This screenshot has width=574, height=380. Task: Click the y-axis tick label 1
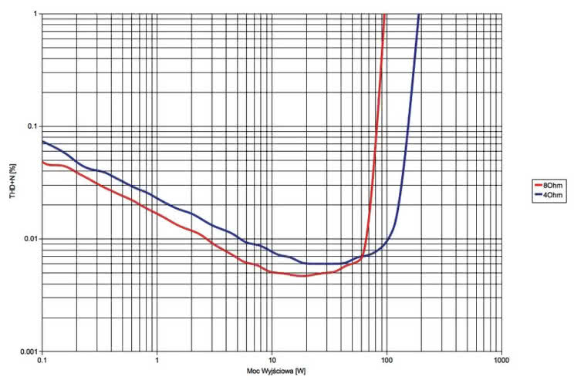(x=35, y=14)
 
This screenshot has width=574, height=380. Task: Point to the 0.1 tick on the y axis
(x=32, y=126)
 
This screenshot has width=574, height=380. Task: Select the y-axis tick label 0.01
(x=30, y=238)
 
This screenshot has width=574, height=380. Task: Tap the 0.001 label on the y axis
(x=28, y=351)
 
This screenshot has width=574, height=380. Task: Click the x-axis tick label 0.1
(x=42, y=360)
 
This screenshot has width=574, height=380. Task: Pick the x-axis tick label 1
(x=157, y=360)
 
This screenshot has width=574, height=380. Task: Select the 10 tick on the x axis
(x=272, y=360)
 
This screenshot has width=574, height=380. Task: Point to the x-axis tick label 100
(x=387, y=360)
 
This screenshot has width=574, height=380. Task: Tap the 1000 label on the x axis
(x=501, y=360)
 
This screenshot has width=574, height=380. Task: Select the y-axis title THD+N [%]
(x=11, y=183)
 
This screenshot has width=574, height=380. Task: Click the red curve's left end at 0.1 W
(x=42, y=162)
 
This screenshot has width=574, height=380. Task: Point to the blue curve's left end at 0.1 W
(x=42, y=141)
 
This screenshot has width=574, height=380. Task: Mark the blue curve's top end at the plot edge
(x=419, y=15)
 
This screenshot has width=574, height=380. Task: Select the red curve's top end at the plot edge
(x=384, y=15)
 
